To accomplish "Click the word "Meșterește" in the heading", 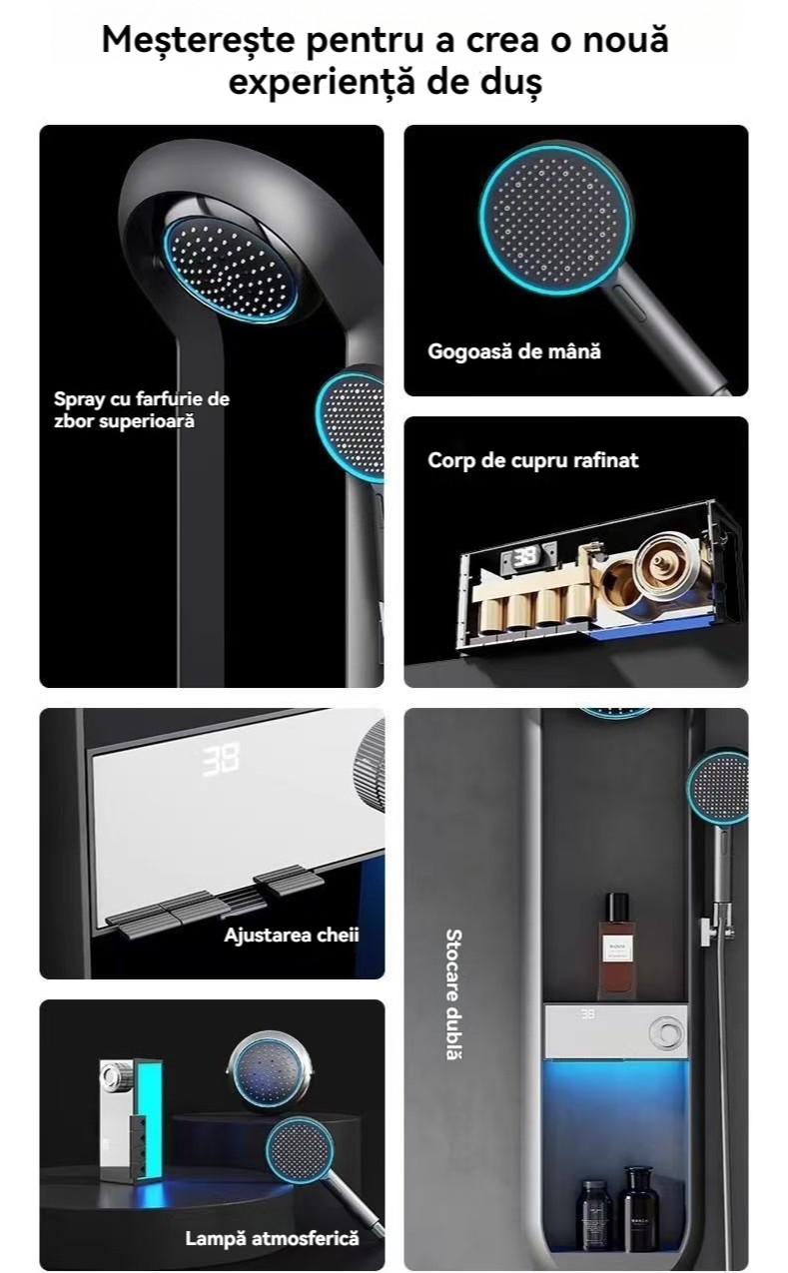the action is (x=199, y=41).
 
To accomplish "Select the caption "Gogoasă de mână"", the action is (x=514, y=351).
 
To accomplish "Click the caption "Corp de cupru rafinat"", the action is (x=532, y=460).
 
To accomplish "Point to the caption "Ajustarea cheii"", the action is (x=291, y=935).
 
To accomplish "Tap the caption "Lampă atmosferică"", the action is (x=272, y=1238).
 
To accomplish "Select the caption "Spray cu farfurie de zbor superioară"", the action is (x=142, y=409).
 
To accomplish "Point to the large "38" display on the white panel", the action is (x=221, y=760).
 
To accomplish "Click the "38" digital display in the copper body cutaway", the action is (x=524, y=557).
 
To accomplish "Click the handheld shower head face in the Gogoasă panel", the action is (x=554, y=219).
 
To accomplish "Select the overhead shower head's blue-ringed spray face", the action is (x=231, y=269).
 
